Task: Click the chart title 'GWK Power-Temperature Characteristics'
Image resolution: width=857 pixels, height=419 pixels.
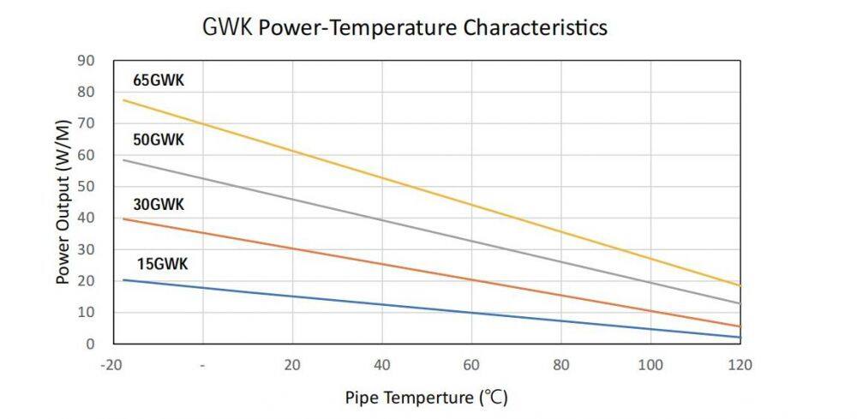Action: (x=405, y=27)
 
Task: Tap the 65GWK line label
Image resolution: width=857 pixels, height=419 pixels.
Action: (x=159, y=81)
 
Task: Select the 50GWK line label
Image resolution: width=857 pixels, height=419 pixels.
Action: (x=159, y=140)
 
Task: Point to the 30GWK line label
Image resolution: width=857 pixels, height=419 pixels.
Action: (x=159, y=205)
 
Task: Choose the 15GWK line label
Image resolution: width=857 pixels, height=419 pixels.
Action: (x=162, y=263)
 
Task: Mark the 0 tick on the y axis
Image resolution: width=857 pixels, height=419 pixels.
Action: (x=90, y=344)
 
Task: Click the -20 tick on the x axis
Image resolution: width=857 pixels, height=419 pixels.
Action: (x=110, y=364)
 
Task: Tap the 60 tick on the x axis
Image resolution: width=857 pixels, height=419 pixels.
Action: (x=471, y=364)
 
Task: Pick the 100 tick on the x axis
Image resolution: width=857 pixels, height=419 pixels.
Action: (x=650, y=364)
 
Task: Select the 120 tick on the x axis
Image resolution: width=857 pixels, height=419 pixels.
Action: (x=740, y=364)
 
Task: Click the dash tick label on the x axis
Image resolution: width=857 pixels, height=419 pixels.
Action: (x=203, y=364)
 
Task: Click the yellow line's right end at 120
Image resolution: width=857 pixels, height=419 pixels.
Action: (x=740, y=285)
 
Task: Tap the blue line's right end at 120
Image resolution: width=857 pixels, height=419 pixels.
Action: (x=740, y=337)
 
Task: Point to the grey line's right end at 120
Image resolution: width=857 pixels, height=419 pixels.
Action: (x=740, y=303)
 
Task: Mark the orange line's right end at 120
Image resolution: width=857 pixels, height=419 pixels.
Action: (x=740, y=326)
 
